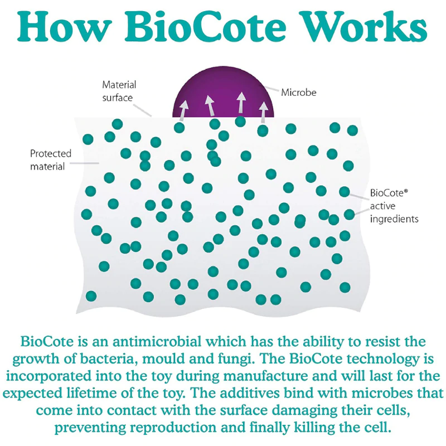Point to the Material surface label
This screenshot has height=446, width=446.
[x=119, y=91]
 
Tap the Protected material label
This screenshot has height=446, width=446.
[x=51, y=159]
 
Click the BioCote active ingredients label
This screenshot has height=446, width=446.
[x=393, y=206]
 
